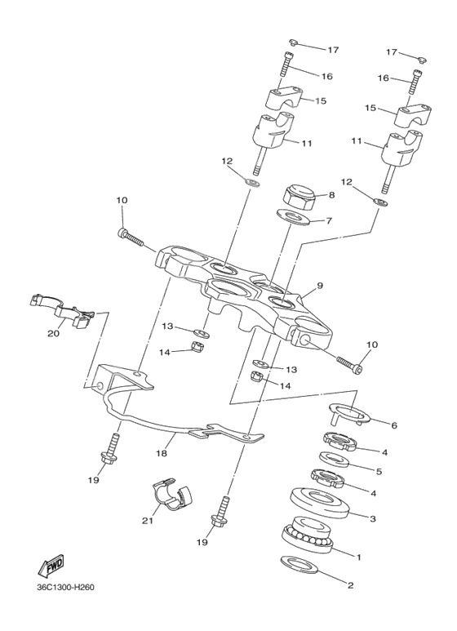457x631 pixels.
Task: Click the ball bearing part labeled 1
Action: [x=305, y=535]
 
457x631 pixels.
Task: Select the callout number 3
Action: [x=374, y=518]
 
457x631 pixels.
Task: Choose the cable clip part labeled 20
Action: [x=62, y=309]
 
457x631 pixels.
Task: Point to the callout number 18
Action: [x=162, y=453]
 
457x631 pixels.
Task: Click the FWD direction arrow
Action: [x=51, y=566]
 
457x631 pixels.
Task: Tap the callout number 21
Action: [x=148, y=520]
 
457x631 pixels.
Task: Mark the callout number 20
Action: [x=54, y=332]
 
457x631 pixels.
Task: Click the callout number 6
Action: [x=394, y=424]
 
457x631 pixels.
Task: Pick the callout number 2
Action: [x=351, y=584]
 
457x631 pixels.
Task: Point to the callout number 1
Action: [x=357, y=556]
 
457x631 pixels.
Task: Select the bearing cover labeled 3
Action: [x=322, y=500]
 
